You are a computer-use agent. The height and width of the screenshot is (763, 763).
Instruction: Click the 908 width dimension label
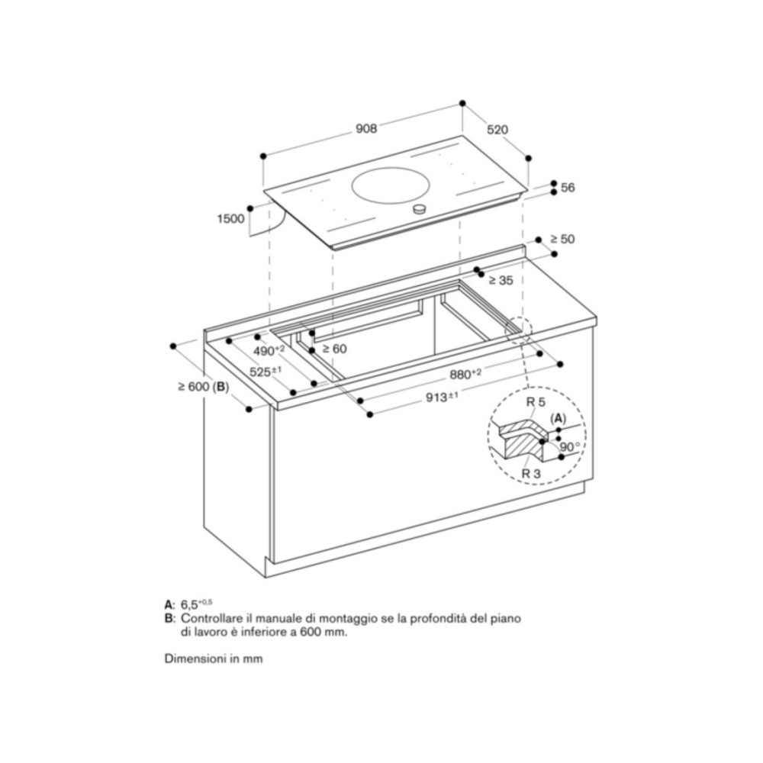coord(366,129)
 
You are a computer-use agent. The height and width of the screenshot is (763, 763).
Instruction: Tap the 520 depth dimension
coord(497,130)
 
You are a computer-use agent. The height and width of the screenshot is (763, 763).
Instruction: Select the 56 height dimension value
coord(567,188)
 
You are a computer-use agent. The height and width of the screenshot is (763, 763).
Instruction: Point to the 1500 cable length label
coord(230,218)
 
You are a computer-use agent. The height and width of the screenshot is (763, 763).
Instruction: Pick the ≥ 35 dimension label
coord(501,281)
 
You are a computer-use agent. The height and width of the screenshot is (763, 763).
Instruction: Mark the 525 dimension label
coord(266,372)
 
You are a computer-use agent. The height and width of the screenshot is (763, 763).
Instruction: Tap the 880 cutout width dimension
coord(465,375)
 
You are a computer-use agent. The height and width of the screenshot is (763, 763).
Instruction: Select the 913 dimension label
coord(442,395)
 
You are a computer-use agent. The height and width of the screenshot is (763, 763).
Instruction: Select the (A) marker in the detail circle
coord(559,418)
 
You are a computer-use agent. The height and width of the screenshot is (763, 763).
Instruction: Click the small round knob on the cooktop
coord(418,209)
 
